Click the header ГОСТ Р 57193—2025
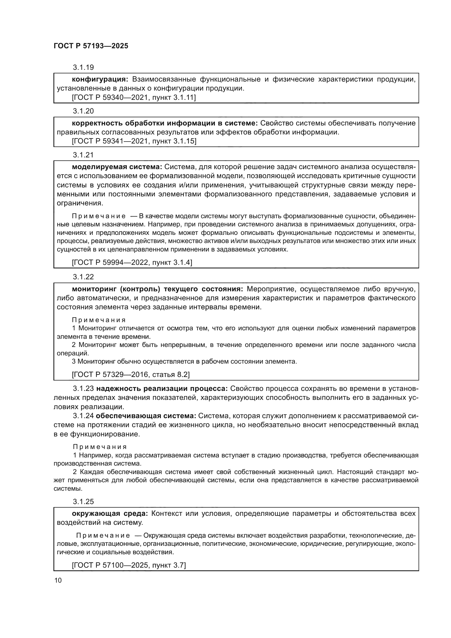click(91, 46)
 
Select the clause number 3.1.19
click(83, 68)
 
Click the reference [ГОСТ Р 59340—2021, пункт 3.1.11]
click(134, 98)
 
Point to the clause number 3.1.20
click(83, 111)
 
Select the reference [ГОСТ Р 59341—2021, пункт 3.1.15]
click(134, 141)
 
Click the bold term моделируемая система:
click(117, 167)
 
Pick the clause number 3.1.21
click(83, 155)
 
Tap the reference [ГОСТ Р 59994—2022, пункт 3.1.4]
click(132, 262)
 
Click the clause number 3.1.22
click(83, 277)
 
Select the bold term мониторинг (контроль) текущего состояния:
click(157, 289)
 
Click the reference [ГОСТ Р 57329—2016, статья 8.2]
click(131, 375)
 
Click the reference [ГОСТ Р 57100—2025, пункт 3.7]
click(129, 565)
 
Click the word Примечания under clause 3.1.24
click(100, 447)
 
